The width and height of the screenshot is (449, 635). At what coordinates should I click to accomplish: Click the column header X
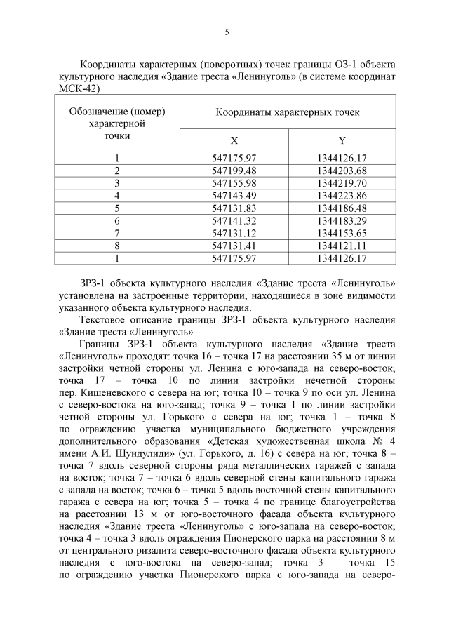pyautogui.click(x=234, y=140)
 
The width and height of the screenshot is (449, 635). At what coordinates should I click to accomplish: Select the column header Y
pyautogui.click(x=342, y=140)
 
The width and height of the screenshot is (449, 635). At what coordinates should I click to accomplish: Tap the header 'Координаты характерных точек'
pyautogui.click(x=288, y=112)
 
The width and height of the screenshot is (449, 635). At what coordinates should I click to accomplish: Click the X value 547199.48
pyautogui.click(x=234, y=171)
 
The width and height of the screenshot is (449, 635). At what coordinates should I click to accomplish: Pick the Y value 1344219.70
pyautogui.click(x=342, y=183)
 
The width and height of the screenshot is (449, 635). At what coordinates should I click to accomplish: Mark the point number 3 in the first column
pyautogui.click(x=117, y=183)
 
